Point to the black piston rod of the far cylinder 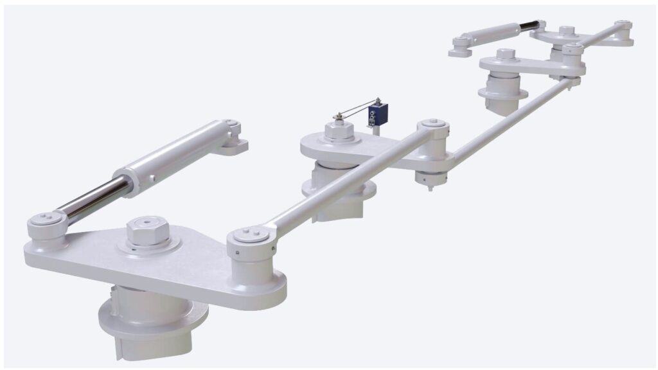click(528, 26)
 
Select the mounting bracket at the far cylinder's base click(461, 46)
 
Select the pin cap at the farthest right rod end click(621, 25)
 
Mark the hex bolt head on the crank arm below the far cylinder click(506, 55)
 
